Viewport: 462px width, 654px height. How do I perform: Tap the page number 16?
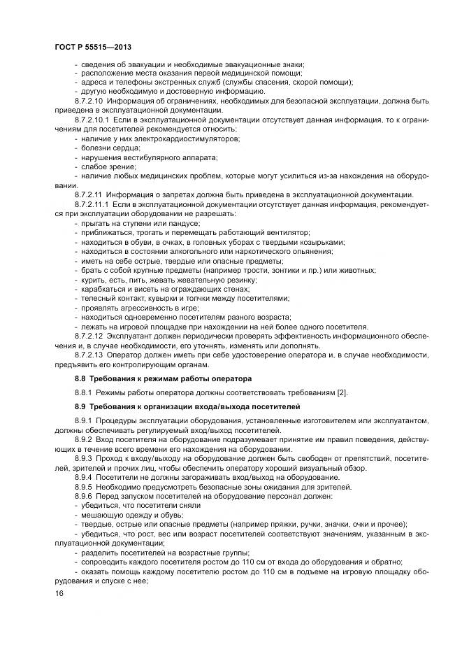58,593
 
